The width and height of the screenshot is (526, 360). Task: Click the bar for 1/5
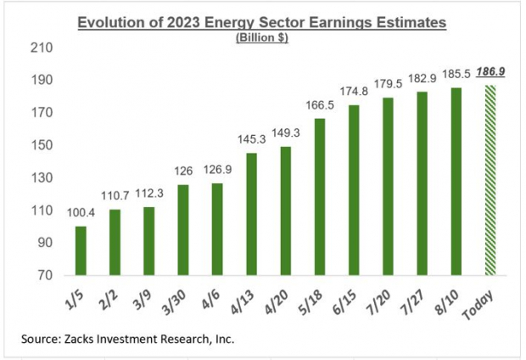point(81,250)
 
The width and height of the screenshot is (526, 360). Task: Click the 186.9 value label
point(490,72)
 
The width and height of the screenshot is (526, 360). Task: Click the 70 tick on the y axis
point(44,276)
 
